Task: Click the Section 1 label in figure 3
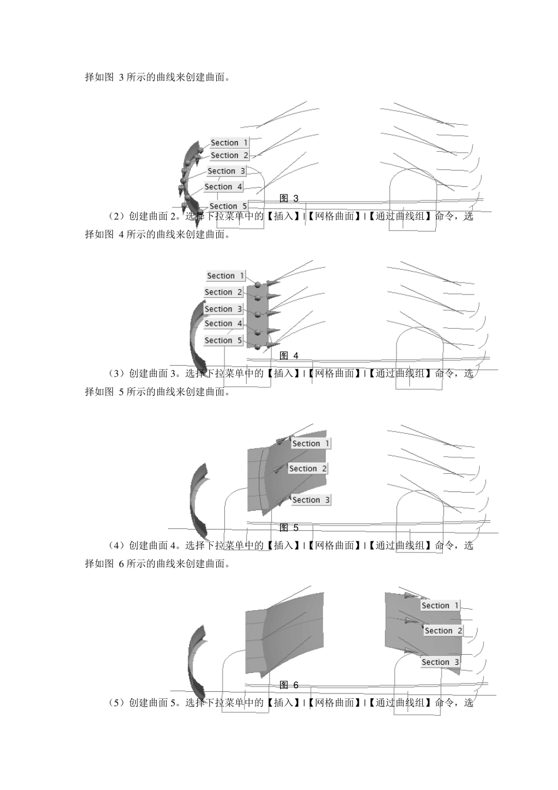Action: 230,142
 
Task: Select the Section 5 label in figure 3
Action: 228,206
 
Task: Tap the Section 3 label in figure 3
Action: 226,171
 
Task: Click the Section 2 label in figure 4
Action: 223,292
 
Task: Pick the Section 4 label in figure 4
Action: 223,323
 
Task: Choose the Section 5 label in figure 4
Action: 223,340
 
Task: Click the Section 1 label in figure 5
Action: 311,443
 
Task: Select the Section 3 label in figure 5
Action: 311,500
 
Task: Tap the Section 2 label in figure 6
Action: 443,631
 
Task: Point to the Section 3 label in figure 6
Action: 441,662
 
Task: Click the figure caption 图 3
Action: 289,198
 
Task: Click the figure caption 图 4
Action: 289,356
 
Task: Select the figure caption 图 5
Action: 289,528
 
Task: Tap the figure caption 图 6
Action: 289,685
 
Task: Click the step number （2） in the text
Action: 117,216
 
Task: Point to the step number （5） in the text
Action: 117,702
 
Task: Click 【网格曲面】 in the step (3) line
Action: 334,373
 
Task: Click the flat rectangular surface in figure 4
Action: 257,317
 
